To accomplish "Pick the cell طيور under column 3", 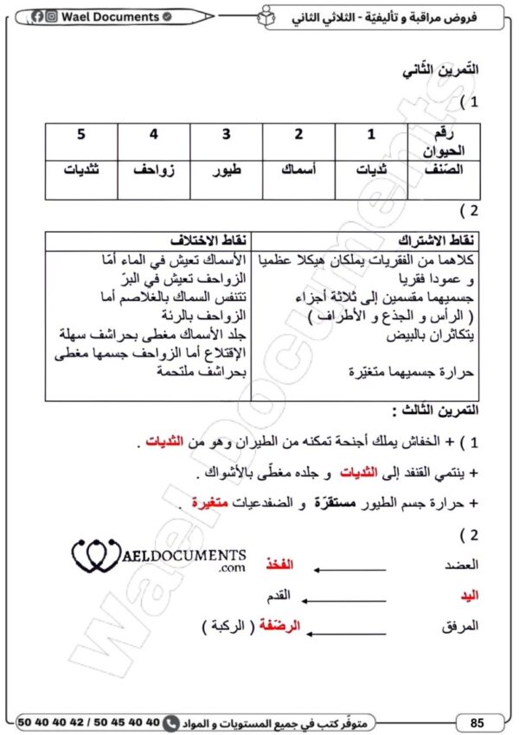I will pyautogui.click(x=227, y=169).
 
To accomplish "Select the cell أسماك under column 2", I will pyautogui.click(x=298, y=169).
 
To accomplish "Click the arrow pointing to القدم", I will pyautogui.click(x=345, y=596).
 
